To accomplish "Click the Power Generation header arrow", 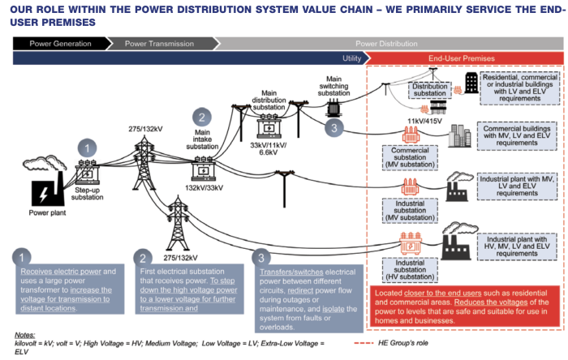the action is click(61, 44).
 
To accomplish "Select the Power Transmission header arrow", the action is click(161, 44).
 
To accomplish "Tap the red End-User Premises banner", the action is click(463, 58).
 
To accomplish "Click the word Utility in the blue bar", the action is click(351, 58).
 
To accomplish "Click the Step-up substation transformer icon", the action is click(87, 172).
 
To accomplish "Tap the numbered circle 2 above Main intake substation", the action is click(202, 118).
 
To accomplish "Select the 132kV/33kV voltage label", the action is click(204, 188).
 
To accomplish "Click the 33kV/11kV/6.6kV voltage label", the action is click(268, 148).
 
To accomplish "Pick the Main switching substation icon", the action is click(333, 108).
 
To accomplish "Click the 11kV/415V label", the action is click(424, 121).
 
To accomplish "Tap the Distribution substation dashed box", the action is click(430, 90).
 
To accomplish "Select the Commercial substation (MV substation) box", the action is click(410, 157).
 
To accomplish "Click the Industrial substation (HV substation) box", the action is click(410, 270).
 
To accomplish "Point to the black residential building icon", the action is click(471, 83).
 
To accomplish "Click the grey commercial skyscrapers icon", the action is click(459, 135).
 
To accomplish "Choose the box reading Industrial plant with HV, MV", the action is click(517, 246).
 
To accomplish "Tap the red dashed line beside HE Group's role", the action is click(364, 343).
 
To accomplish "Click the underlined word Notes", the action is click(24, 335).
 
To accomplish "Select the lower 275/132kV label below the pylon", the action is click(180, 258).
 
